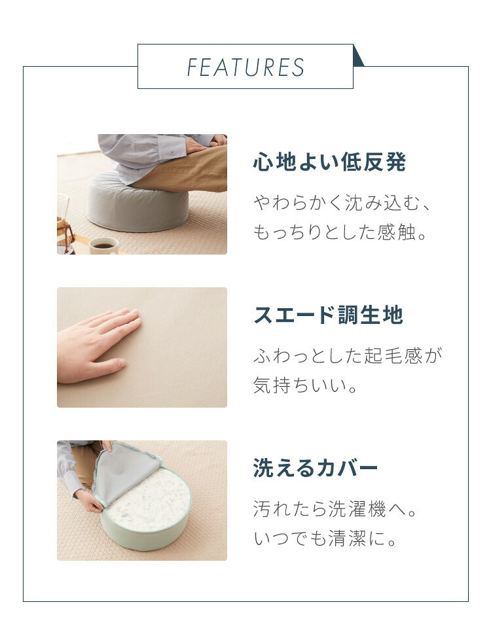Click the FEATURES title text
click(x=245, y=67)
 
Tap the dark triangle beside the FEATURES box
click(x=357, y=58)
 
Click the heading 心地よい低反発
click(x=329, y=163)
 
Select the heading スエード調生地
click(x=328, y=315)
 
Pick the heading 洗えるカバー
click(x=316, y=468)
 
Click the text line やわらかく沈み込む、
click(x=342, y=203)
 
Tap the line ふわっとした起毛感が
click(x=348, y=355)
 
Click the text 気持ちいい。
click(x=306, y=385)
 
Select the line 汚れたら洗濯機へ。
click(x=335, y=509)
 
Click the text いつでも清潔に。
click(x=328, y=539)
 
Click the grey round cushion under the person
click(x=137, y=203)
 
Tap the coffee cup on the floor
click(x=103, y=245)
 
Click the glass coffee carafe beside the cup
click(x=64, y=226)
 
